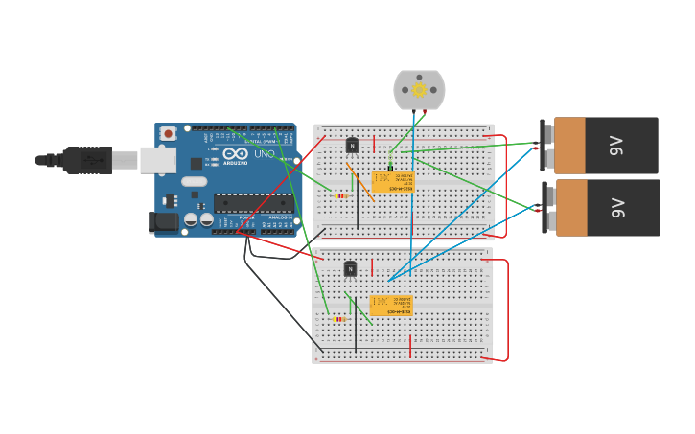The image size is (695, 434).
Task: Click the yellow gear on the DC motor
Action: tap(419, 90)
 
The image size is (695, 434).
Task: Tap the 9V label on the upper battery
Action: tap(616, 146)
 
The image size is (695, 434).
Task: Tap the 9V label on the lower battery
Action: tap(617, 207)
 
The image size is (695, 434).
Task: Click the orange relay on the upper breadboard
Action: tap(392, 182)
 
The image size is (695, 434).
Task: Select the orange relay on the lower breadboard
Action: tap(390, 306)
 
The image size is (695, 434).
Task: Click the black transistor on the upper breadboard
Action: tap(352, 146)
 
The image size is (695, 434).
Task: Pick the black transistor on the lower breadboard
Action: tap(350, 269)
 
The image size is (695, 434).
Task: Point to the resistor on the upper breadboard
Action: tap(341, 195)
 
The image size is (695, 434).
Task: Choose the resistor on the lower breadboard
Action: tap(339, 319)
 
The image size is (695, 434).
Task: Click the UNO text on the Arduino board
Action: tap(265, 154)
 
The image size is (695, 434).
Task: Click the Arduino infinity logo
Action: tap(236, 154)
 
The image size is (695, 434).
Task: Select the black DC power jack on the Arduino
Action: tap(164, 222)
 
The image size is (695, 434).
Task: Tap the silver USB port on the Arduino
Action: tap(157, 160)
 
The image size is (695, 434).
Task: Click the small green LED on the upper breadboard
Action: tap(390, 168)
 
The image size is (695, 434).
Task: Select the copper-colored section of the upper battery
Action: tap(569, 146)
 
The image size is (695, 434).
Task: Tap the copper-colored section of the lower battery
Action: tap(571, 207)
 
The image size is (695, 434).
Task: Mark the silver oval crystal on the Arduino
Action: tap(194, 181)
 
